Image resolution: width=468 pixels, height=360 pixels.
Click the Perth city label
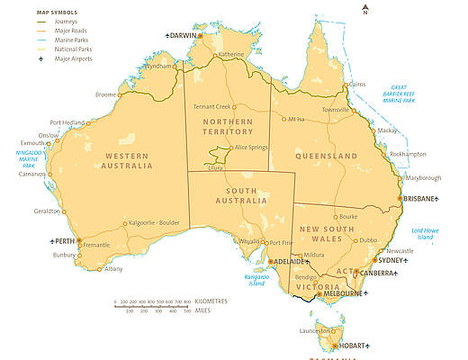tap(62, 241)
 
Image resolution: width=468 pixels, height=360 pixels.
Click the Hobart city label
tap(351, 346)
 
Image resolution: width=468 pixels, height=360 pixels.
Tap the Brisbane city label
tap(420, 198)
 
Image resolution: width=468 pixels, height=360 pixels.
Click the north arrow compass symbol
tap(365, 10)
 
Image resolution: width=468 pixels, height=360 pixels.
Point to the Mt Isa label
tap(298, 119)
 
